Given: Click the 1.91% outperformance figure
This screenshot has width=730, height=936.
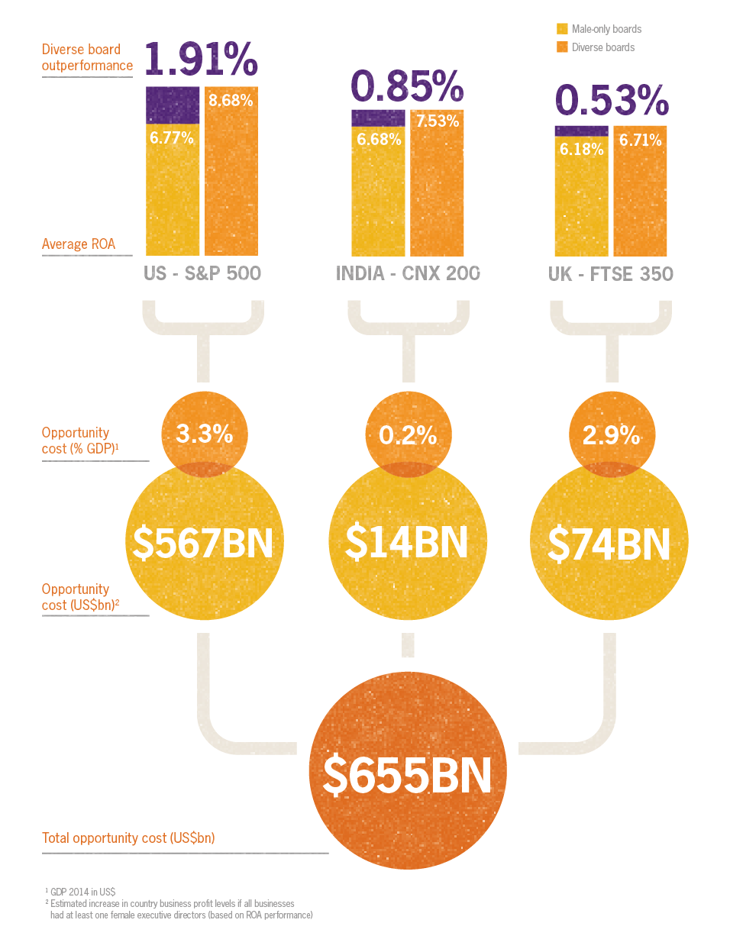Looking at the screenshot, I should (x=201, y=60).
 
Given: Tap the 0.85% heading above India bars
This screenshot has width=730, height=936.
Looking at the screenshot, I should (x=406, y=86).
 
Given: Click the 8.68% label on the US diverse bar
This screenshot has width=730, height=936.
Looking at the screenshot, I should (x=231, y=100).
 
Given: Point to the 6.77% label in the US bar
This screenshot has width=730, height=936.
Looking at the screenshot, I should (x=172, y=138).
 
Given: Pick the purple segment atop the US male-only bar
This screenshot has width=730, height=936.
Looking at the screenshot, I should (x=173, y=105).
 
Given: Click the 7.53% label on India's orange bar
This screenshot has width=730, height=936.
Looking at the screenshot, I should (x=437, y=121).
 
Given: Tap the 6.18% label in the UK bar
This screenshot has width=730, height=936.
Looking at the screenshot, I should (x=581, y=149).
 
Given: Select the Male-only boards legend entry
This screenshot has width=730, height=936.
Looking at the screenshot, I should (x=599, y=29).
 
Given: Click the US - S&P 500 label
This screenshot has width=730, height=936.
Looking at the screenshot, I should (x=202, y=273).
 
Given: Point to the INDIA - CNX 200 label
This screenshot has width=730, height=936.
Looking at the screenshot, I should (x=408, y=273).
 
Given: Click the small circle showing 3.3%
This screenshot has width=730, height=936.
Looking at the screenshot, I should (x=204, y=434).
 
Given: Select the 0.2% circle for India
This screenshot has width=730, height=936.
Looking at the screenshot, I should (x=408, y=435).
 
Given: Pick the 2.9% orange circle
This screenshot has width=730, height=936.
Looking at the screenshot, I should (x=611, y=435).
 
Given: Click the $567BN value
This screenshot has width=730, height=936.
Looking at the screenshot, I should (x=203, y=542).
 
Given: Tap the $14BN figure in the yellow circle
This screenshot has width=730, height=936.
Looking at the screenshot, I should (x=406, y=542).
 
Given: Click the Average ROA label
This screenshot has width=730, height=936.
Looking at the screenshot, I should (x=79, y=244).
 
